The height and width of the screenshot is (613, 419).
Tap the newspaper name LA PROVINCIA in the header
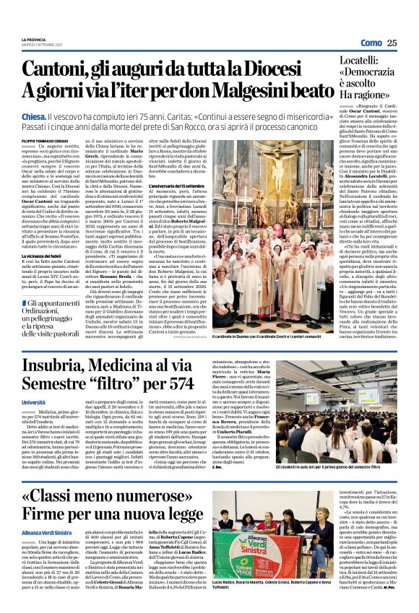tap(34, 39)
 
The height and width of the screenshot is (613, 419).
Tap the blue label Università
tap(33, 401)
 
